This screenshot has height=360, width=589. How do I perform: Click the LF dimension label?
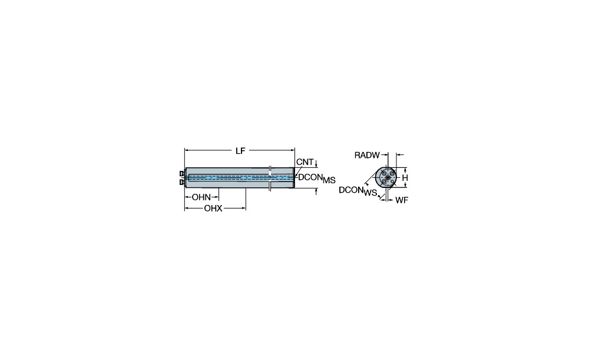[x=240, y=151]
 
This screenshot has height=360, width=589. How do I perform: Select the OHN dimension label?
[x=201, y=197]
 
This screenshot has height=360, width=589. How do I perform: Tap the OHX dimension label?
[x=213, y=208]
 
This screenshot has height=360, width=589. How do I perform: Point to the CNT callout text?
[x=305, y=162]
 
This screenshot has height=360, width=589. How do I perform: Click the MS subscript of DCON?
[x=329, y=180]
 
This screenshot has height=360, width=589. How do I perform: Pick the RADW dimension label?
[x=367, y=155]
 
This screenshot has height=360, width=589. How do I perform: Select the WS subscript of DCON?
[x=370, y=193]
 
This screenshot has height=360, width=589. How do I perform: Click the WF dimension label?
[x=402, y=200]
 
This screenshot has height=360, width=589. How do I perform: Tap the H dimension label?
[x=405, y=177]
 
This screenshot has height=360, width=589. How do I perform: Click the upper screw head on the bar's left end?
[x=182, y=173]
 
